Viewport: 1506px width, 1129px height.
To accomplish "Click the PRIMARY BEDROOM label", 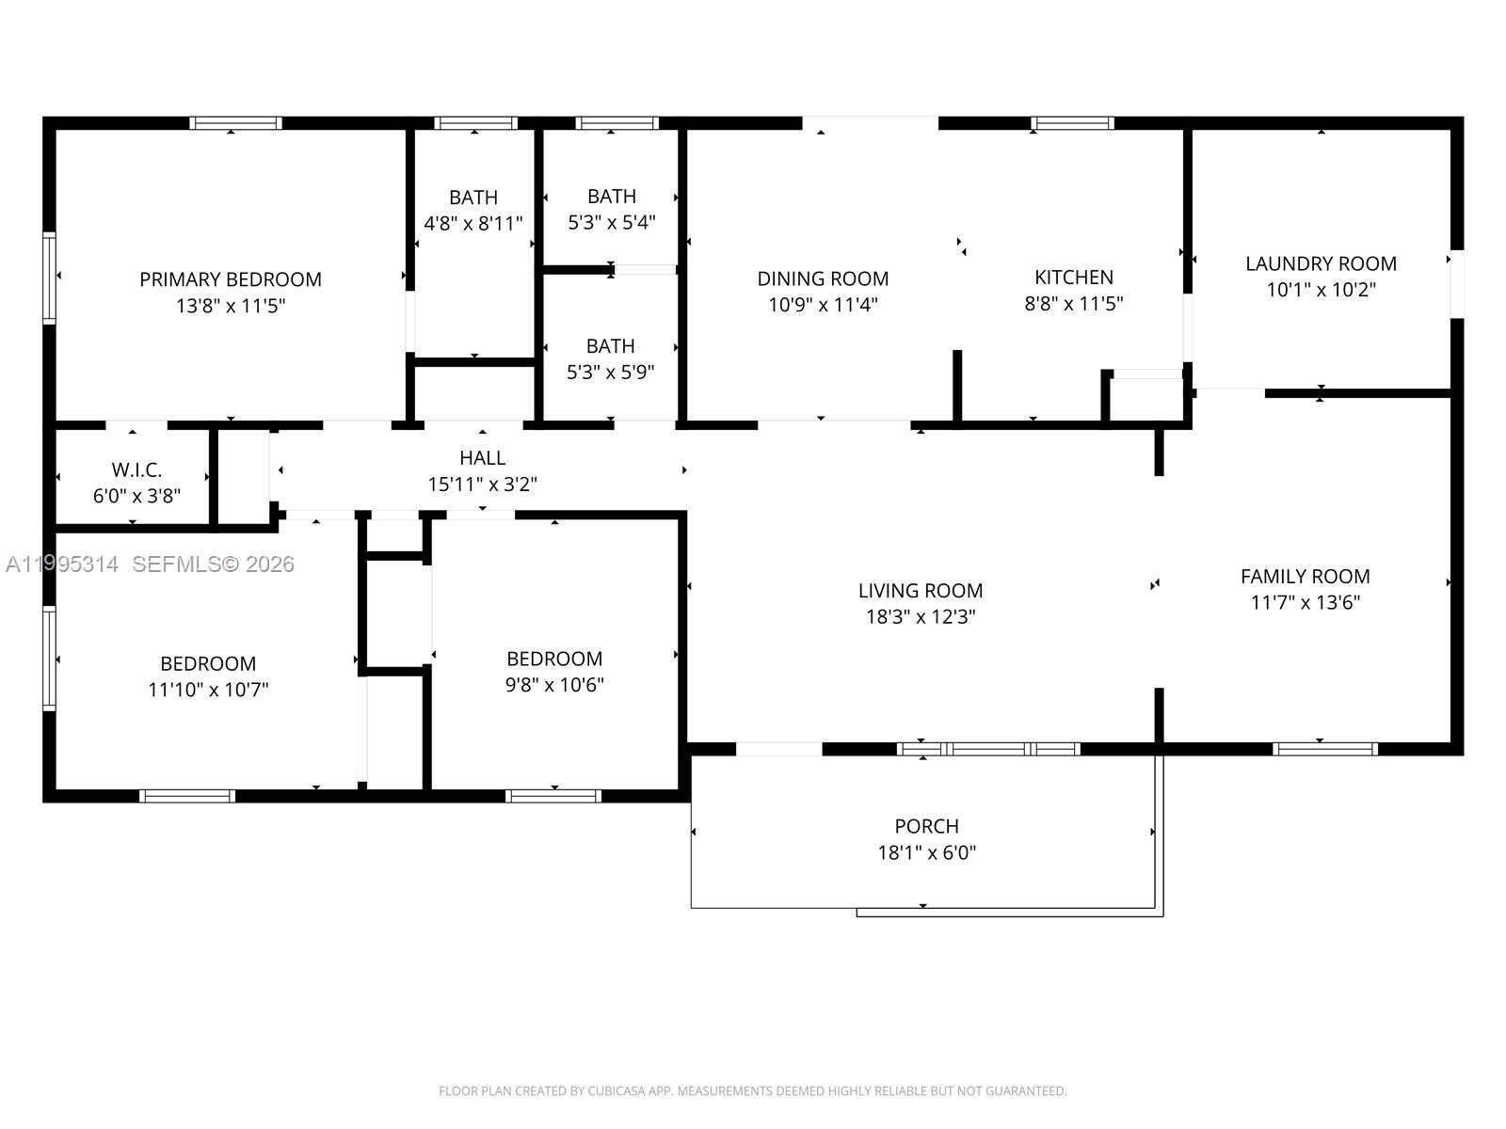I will coord(231,279).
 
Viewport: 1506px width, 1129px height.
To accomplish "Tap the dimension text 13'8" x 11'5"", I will coord(231,306).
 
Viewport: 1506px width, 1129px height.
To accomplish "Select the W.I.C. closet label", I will coord(136,469).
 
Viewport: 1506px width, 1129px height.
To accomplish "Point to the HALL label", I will coord(482,458).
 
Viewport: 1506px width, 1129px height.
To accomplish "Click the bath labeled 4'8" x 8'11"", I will coord(473,198).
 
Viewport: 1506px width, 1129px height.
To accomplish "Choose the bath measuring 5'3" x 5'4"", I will coord(612,197).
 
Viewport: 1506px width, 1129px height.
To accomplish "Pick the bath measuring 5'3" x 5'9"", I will coord(610,346).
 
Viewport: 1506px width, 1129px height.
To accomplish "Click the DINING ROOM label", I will coord(823,278).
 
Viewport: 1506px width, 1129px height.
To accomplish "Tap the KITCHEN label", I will coord(1074,278).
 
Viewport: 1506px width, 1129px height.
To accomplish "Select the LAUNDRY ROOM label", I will coord(1321,263).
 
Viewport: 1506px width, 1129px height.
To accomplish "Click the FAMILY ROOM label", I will coord(1305,576).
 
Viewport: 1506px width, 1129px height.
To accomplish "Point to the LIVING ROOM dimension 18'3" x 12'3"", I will coord(921,617).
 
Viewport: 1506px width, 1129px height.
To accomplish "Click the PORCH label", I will coord(926,826).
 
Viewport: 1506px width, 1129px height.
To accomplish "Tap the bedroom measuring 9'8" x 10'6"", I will coord(554,659).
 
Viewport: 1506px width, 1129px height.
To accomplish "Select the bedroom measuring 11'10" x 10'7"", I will coord(208,663).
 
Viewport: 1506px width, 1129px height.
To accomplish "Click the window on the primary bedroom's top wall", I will coord(235,123).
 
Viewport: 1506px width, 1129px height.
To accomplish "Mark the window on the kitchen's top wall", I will coord(1072,123).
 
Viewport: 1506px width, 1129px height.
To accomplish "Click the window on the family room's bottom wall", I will coord(1324,749).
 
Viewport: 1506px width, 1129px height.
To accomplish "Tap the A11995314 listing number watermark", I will coord(62,564).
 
